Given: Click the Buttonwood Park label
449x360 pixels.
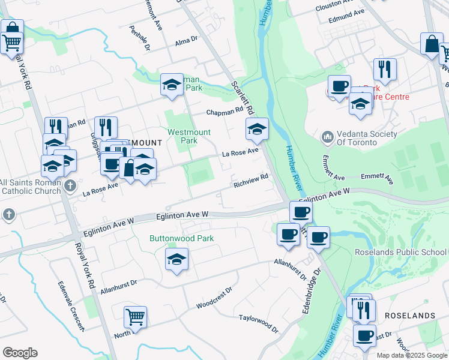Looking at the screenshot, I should coord(181,238).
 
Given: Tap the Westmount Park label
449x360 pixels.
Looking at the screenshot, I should coord(190,136).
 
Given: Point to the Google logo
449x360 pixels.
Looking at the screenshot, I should coord(20,353).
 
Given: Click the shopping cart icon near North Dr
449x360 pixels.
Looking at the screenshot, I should coord(136,317).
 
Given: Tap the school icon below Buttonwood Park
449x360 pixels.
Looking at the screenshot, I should coord(176,259).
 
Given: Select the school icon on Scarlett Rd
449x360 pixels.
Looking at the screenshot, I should coord(257,128).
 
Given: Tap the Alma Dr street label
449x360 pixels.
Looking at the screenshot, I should coord(186,41).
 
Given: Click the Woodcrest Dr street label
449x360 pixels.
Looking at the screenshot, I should coord(214,301).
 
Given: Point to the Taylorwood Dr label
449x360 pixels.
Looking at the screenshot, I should coord(259,325).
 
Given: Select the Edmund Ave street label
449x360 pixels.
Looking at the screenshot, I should coord(346,16).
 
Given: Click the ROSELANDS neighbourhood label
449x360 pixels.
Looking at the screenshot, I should coord(409,316).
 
